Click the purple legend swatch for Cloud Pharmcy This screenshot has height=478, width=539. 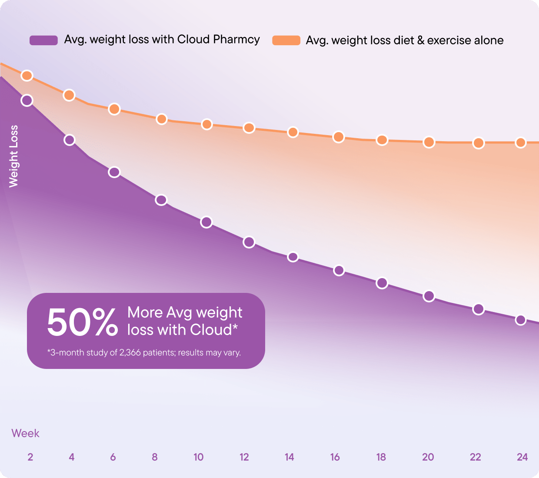pyautogui.click(x=43, y=40)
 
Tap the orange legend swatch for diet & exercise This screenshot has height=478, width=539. pyautogui.click(x=286, y=40)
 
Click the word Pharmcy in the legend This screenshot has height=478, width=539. pyautogui.click(x=236, y=40)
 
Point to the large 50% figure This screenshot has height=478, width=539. pyautogui.click(x=82, y=322)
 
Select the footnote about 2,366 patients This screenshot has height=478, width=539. pyautogui.click(x=144, y=352)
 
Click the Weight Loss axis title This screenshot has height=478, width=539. pyautogui.click(x=14, y=156)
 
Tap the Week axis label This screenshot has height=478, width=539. pyautogui.click(x=25, y=433)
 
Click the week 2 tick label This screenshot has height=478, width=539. pyautogui.click(x=30, y=457)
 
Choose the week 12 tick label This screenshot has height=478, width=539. pyautogui.click(x=244, y=457)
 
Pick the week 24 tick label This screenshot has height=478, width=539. pyautogui.click(x=522, y=457)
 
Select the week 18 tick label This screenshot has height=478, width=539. pyautogui.click(x=381, y=457)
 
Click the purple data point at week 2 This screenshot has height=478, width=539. pyautogui.click(x=27, y=100)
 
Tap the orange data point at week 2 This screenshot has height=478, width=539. pyautogui.click(x=27, y=76)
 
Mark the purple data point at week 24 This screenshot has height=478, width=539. pyautogui.click(x=521, y=320)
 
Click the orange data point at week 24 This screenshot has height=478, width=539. pyautogui.click(x=521, y=143)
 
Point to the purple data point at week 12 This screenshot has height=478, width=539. pyautogui.click(x=249, y=242)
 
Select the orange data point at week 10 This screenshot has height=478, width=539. pyautogui.click(x=207, y=124)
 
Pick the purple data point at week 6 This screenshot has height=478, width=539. pyautogui.click(x=114, y=172)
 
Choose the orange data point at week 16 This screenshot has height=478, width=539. pyautogui.click(x=339, y=137)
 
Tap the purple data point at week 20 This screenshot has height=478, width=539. pyautogui.click(x=429, y=296)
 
